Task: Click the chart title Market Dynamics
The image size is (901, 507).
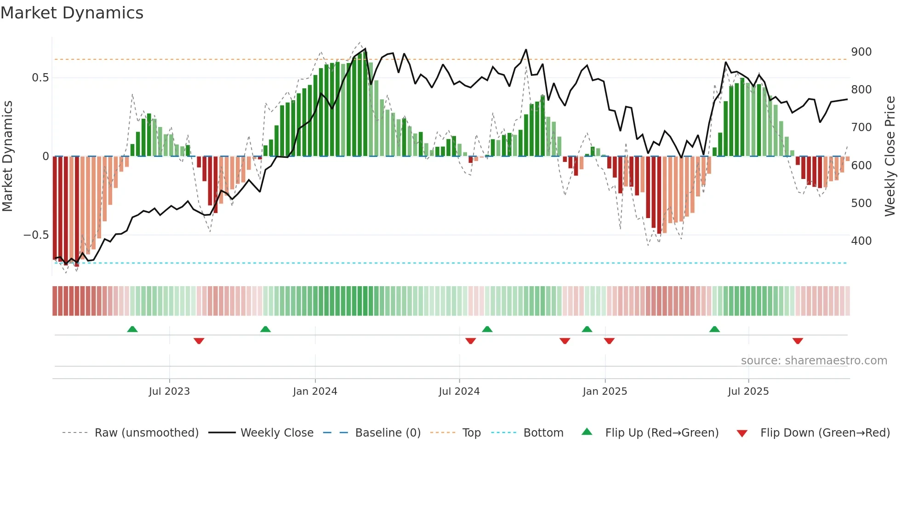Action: click(72, 13)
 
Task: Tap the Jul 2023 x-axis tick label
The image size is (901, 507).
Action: click(169, 392)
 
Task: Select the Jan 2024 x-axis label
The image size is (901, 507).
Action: click(315, 392)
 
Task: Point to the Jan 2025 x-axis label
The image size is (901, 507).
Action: click(604, 392)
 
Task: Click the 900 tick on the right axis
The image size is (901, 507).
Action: click(861, 52)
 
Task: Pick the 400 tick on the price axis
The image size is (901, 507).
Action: click(861, 241)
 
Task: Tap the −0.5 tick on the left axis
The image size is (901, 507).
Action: click(36, 235)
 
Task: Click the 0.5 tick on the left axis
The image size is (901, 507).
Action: click(40, 78)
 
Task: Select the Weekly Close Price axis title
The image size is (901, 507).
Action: click(890, 156)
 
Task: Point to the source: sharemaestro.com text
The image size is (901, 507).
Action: click(814, 361)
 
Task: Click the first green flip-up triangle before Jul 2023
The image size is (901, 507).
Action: click(132, 329)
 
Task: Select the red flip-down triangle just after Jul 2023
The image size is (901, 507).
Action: click(199, 341)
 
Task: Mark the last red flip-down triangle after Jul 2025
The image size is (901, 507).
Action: click(798, 341)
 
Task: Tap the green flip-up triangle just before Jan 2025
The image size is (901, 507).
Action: click(587, 329)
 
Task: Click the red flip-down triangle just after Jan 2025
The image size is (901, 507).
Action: click(609, 341)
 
